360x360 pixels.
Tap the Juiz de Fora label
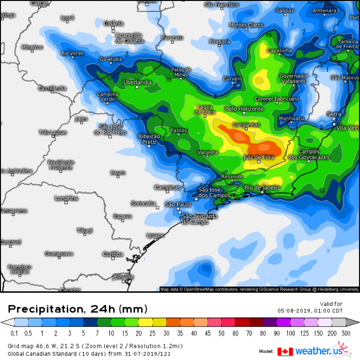[259, 157]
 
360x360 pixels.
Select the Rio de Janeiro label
[262, 188]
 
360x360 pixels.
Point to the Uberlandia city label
[137, 82]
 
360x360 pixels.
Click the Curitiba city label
[113, 253]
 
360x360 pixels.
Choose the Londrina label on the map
[66, 198]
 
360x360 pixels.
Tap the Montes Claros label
[246, 25]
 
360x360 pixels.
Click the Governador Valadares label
[293, 78]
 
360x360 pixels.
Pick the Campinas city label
[167, 187]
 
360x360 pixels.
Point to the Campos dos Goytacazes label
[312, 155]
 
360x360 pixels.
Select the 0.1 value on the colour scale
[14, 334]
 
